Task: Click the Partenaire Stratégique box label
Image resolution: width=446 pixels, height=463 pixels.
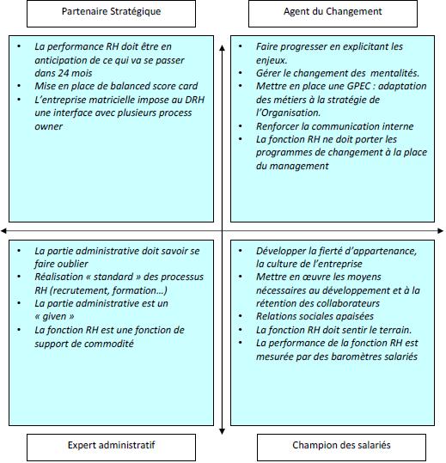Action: [112, 12]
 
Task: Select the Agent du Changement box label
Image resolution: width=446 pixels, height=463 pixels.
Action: [333, 12]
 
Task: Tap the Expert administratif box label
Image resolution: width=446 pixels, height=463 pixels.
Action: [112, 446]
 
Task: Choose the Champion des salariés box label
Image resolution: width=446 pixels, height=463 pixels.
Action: [341, 446]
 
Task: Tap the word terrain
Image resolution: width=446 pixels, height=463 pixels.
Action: [391, 330]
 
